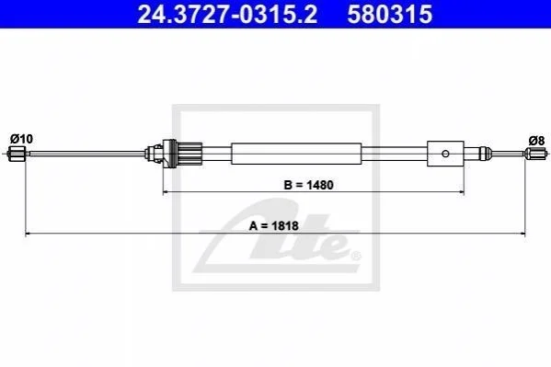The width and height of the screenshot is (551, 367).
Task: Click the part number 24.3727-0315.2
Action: (x=227, y=15)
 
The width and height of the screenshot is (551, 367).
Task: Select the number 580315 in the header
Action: (x=390, y=15)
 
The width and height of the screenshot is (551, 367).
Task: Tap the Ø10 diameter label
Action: (x=21, y=139)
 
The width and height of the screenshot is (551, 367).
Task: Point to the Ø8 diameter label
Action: (x=536, y=141)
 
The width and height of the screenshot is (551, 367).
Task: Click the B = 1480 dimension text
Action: (x=308, y=185)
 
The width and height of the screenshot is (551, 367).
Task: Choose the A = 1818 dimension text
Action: (x=274, y=225)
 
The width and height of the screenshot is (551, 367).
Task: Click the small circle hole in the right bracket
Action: (x=445, y=154)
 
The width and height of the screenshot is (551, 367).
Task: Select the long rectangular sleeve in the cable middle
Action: (x=296, y=154)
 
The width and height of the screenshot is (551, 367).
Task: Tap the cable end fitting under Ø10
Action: (x=17, y=154)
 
